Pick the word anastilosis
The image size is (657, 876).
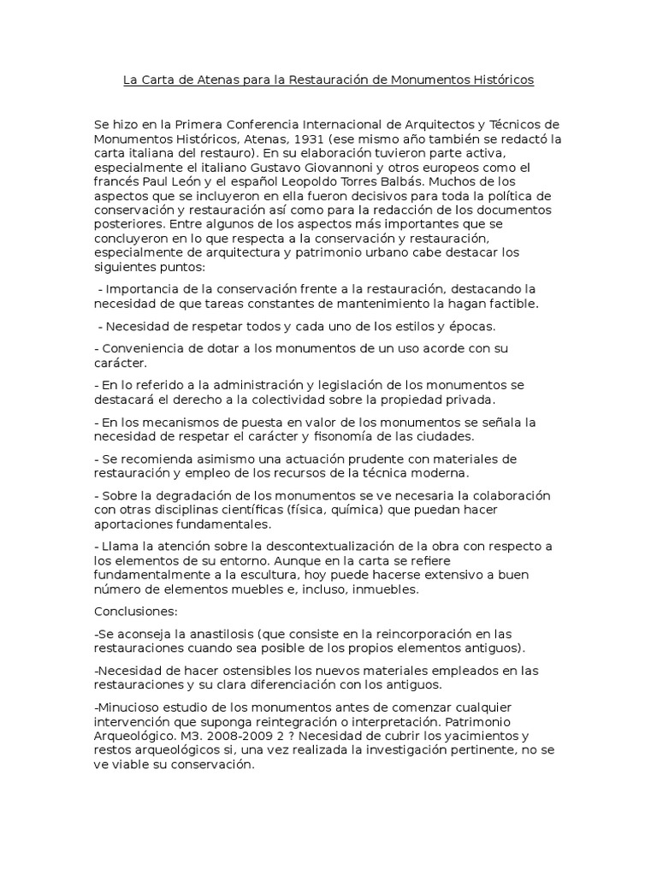[x=204, y=634]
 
